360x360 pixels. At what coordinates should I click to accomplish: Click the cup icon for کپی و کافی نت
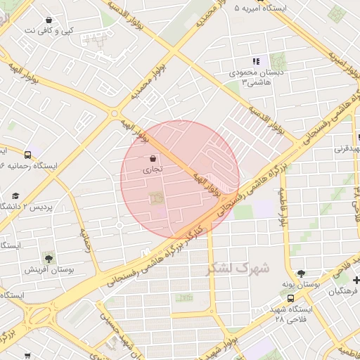(48, 20)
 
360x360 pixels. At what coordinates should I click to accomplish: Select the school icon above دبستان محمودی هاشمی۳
(257, 61)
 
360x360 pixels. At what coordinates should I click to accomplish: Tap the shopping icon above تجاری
(153, 158)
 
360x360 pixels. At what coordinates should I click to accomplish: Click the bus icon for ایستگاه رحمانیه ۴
(27, 155)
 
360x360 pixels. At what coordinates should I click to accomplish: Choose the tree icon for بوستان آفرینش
(48, 258)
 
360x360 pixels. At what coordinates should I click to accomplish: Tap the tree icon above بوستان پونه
(302, 274)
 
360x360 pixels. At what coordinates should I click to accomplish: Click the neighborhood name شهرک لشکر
(238, 268)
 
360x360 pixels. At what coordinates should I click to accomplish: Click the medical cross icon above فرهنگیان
(356, 281)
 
